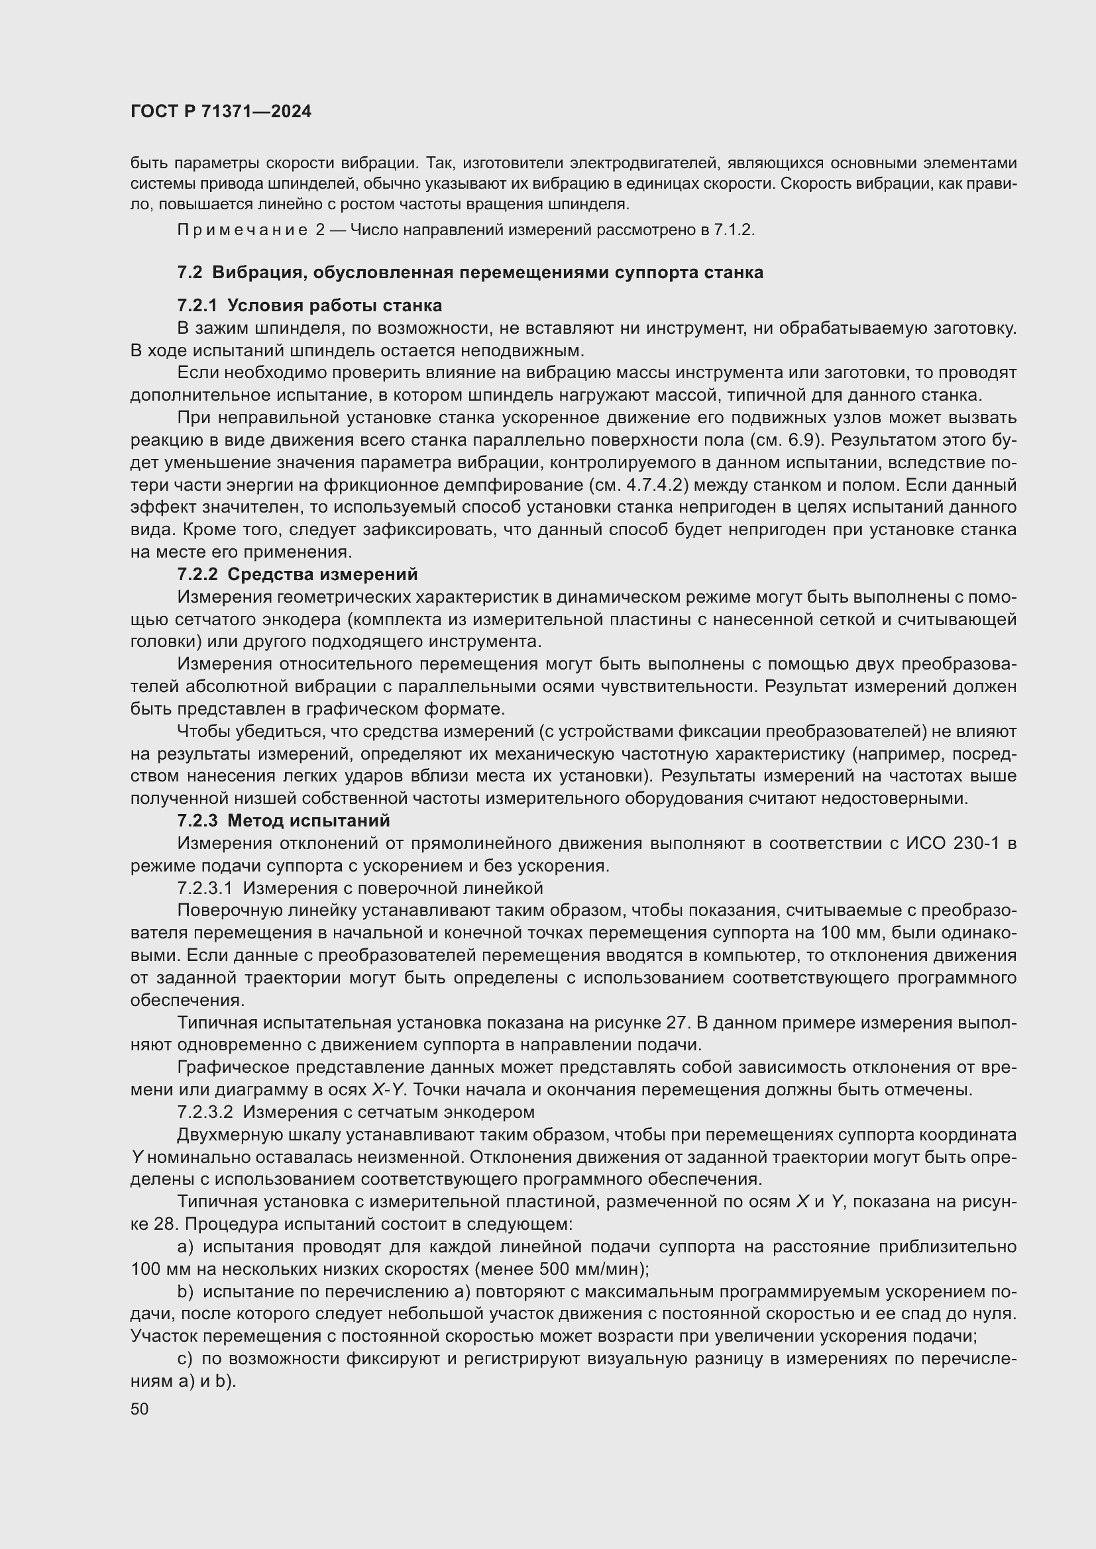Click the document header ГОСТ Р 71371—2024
click(221, 112)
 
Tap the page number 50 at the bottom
click(139, 1409)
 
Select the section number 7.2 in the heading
click(190, 273)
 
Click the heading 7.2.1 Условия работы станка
click(309, 305)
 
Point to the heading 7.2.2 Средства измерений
click(297, 574)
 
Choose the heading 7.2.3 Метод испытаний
click(284, 821)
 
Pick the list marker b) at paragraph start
click(185, 1291)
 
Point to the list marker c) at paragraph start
click(184, 1359)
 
